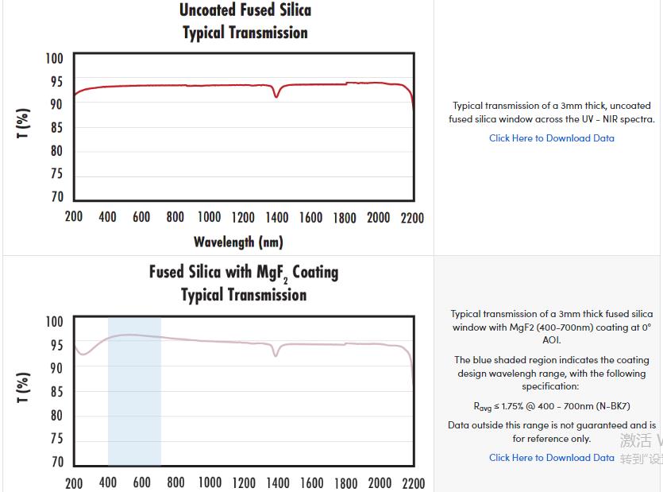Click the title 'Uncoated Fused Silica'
click(x=245, y=10)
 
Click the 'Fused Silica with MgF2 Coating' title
click(x=244, y=273)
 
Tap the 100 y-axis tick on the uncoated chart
click(x=54, y=58)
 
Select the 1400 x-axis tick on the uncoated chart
click(x=277, y=218)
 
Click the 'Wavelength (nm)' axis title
click(x=238, y=241)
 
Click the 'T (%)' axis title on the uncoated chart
click(x=24, y=123)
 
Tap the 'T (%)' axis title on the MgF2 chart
click(x=24, y=387)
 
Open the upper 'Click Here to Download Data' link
click(x=551, y=138)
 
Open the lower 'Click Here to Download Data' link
click(x=551, y=458)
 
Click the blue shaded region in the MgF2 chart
click(x=134, y=397)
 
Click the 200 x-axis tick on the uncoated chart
click(x=74, y=218)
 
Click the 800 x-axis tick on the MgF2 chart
click(x=175, y=482)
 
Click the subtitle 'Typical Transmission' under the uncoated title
click(x=245, y=33)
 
